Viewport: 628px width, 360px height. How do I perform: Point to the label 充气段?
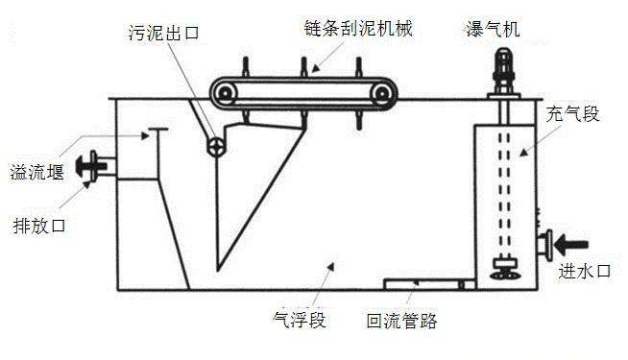(577, 114)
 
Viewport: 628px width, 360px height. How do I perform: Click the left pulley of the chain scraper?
(226, 93)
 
